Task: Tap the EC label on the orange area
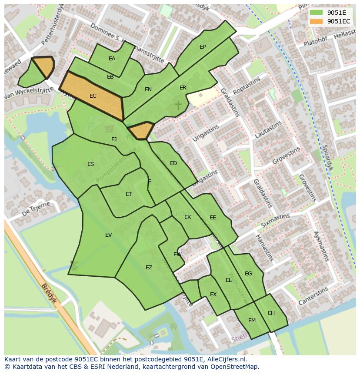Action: (93, 96)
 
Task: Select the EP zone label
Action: (203, 47)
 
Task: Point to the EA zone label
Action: (112, 59)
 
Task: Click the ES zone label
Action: (90, 164)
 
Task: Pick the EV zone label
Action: (108, 235)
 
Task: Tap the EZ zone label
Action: (149, 268)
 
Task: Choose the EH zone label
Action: (271, 313)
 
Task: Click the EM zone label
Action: (252, 321)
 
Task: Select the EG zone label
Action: (248, 274)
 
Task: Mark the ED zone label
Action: (173, 163)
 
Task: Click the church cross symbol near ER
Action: (178, 105)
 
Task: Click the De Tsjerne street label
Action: (36, 209)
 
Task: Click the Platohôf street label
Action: (315, 42)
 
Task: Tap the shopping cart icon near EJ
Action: (109, 129)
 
